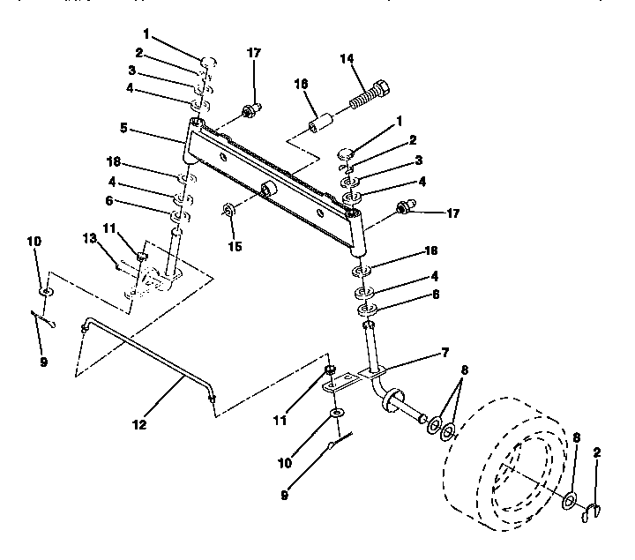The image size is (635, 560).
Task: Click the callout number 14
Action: (x=347, y=60)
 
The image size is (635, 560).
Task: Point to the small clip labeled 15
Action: (x=228, y=211)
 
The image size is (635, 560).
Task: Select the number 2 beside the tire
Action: (x=597, y=452)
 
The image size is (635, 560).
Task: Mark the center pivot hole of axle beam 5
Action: (x=265, y=190)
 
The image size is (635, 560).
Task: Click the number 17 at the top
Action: (x=254, y=53)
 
